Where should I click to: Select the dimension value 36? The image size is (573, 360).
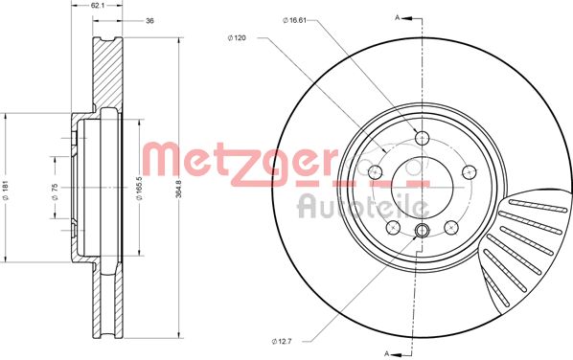point(149,21)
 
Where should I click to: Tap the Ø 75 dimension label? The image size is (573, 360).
point(56,192)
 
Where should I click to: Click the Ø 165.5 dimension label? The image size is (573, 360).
point(139,189)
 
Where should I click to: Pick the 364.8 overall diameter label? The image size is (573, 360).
point(178,188)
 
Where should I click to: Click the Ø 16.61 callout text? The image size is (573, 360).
point(294,20)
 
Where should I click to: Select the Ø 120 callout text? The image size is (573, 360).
point(237,37)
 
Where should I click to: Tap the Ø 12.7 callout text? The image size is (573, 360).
point(282,341)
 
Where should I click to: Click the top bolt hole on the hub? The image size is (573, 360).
point(423,138)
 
